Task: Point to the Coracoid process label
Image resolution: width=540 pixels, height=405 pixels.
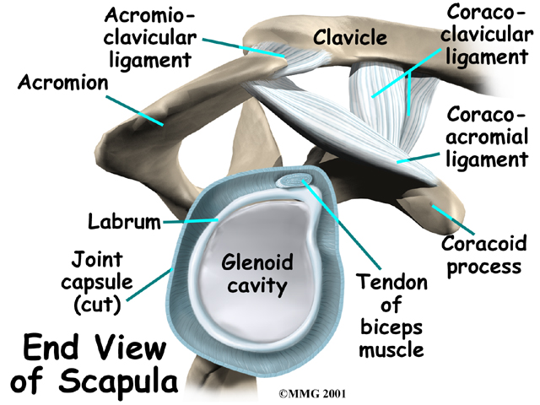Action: pyautogui.click(x=481, y=256)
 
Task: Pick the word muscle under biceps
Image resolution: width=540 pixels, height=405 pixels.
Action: pyautogui.click(x=390, y=348)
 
